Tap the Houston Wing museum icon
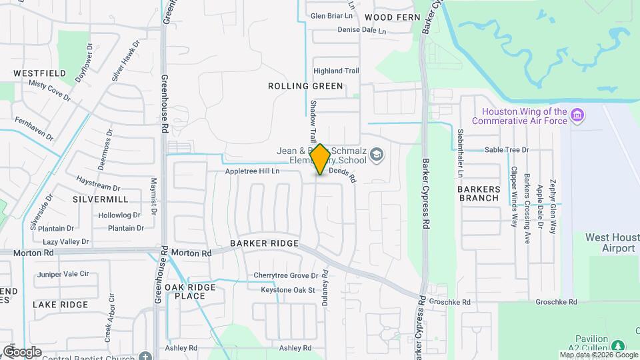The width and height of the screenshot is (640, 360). point(577,117)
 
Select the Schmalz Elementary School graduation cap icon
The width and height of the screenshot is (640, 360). point(377,156)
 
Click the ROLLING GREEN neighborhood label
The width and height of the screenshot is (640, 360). point(305,86)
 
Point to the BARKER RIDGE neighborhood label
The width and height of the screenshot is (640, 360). point(264,244)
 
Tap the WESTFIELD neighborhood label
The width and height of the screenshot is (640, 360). point(39,73)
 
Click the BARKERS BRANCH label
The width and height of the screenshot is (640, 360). point(479,193)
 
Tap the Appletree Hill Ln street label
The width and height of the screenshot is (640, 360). point(252,171)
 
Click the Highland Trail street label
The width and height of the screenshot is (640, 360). point(337,71)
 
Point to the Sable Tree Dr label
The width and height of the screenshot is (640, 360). point(507,150)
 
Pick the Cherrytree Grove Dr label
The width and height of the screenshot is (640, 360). point(285,275)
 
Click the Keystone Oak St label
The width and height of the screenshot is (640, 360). point(287,290)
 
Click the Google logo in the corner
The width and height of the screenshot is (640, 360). point(22,351)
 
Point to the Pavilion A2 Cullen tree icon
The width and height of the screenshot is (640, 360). point(617,345)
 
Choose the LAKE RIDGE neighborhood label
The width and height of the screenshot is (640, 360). point(60,305)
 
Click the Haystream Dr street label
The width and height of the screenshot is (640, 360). point(98,189)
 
